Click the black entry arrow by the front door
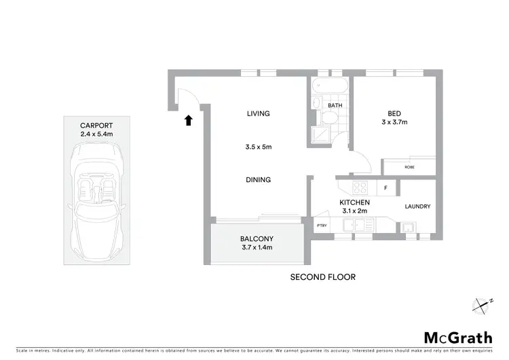point(188,121)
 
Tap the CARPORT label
point(96,126)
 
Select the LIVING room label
point(259,113)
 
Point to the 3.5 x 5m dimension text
point(259,147)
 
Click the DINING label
point(259,180)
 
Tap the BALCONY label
point(257,238)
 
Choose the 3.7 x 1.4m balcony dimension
point(257,248)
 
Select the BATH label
point(335,106)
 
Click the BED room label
point(394,113)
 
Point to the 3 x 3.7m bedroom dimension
point(394,123)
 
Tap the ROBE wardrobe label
point(409,167)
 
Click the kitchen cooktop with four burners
point(360,188)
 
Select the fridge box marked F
point(385,188)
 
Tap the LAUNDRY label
point(417,206)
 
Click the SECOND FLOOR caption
point(322,277)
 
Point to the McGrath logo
point(458,337)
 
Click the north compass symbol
point(483,305)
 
